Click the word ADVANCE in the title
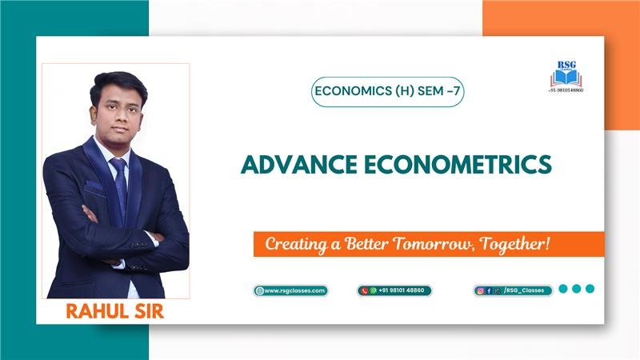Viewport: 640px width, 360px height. coord(298,164)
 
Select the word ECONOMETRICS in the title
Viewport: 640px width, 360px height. coord(458,164)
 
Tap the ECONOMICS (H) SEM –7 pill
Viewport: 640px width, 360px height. coord(387,91)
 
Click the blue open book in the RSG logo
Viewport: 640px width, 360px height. coord(566,78)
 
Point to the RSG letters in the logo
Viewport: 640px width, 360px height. coord(566,65)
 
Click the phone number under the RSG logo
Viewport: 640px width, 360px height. coord(566,90)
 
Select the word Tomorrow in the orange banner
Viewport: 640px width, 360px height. coord(434,244)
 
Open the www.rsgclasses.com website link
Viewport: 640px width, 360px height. coord(294,290)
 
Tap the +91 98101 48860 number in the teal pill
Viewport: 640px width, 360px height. coord(402,290)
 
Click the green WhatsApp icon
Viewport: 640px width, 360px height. coord(373,290)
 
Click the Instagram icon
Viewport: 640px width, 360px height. coord(481,290)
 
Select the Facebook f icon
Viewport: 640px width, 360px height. coord(489,290)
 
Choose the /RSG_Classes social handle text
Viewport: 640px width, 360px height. coord(524,290)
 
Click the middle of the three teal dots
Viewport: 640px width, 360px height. coord(576,289)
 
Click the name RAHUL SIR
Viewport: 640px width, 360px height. coord(114,311)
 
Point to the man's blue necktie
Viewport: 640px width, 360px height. coord(120,188)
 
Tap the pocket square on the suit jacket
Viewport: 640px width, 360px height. coord(94,186)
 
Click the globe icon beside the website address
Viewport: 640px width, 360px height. coord(259,290)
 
